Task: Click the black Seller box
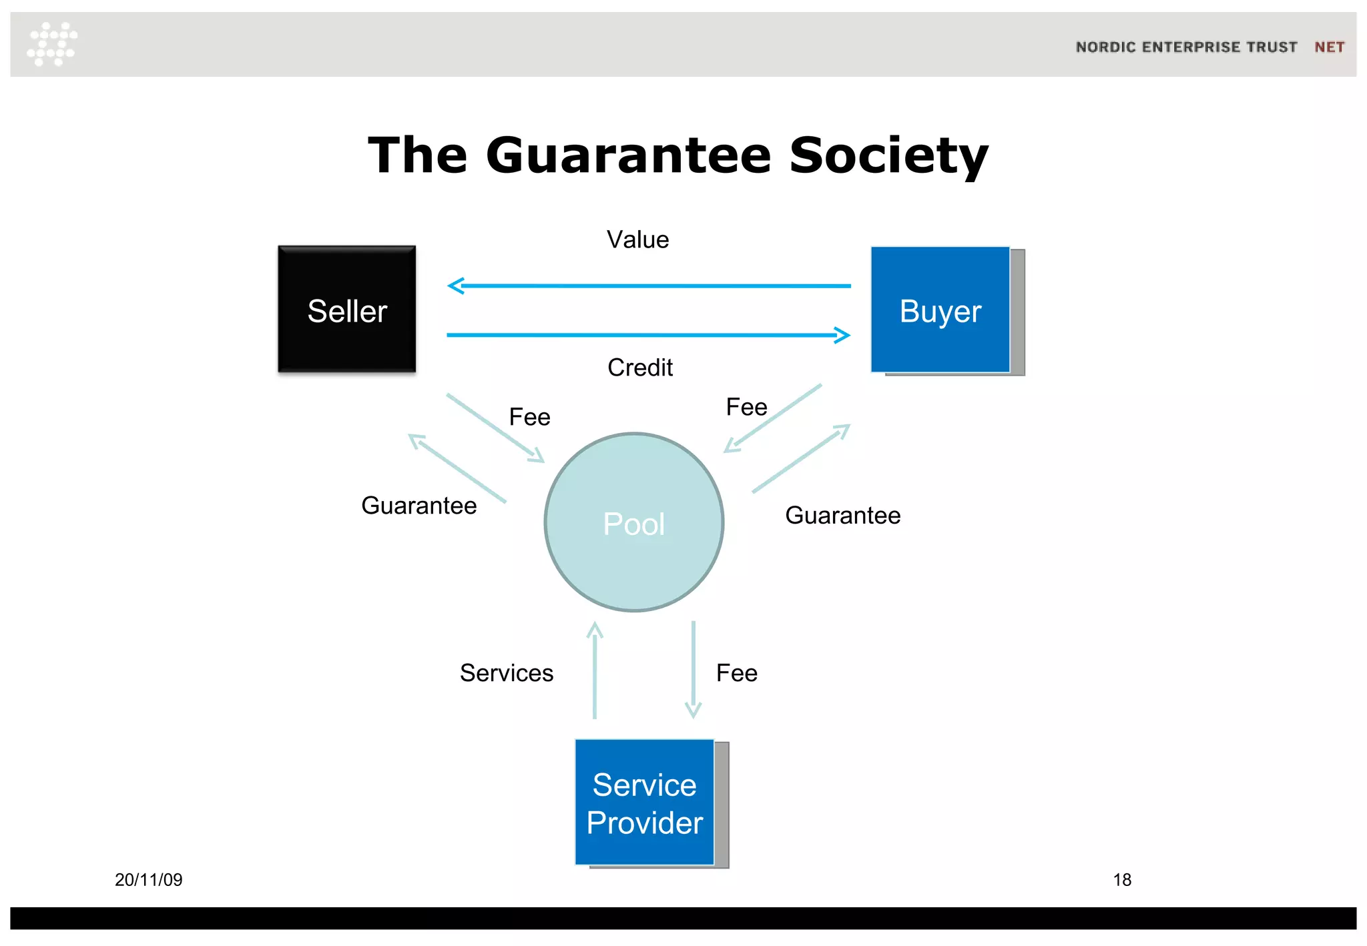(x=346, y=309)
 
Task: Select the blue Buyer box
(x=940, y=310)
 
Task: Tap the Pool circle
(x=634, y=522)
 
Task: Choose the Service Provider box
(x=645, y=803)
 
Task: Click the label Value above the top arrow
(x=637, y=240)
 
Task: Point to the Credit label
(x=639, y=368)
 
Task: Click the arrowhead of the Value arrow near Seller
(x=455, y=286)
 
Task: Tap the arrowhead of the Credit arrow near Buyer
(x=843, y=335)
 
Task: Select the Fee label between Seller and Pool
(x=529, y=417)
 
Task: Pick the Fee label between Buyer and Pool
(x=746, y=407)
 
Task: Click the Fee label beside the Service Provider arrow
(x=736, y=672)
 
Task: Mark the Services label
(x=507, y=672)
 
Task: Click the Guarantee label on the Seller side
(x=419, y=506)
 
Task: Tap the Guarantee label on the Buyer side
(x=842, y=516)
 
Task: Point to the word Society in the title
(x=888, y=155)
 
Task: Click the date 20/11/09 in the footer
(x=148, y=880)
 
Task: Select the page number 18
(x=1122, y=880)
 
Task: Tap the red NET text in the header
(x=1329, y=47)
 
